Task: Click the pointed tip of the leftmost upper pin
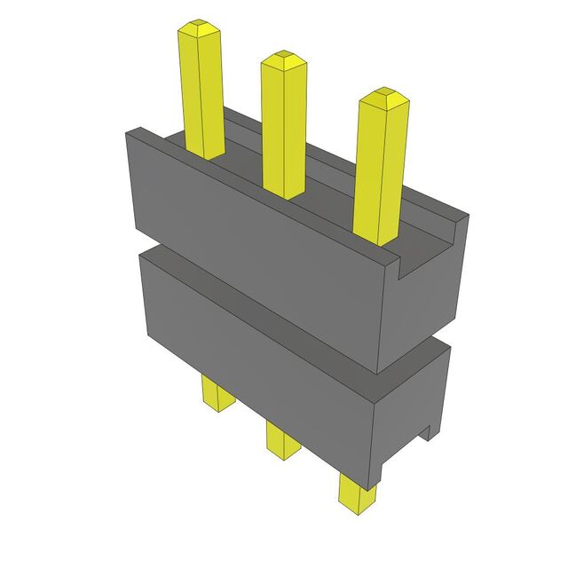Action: (199, 28)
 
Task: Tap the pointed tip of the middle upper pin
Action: (283, 59)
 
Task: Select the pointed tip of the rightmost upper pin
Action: (384, 95)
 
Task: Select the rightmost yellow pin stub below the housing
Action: (357, 493)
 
